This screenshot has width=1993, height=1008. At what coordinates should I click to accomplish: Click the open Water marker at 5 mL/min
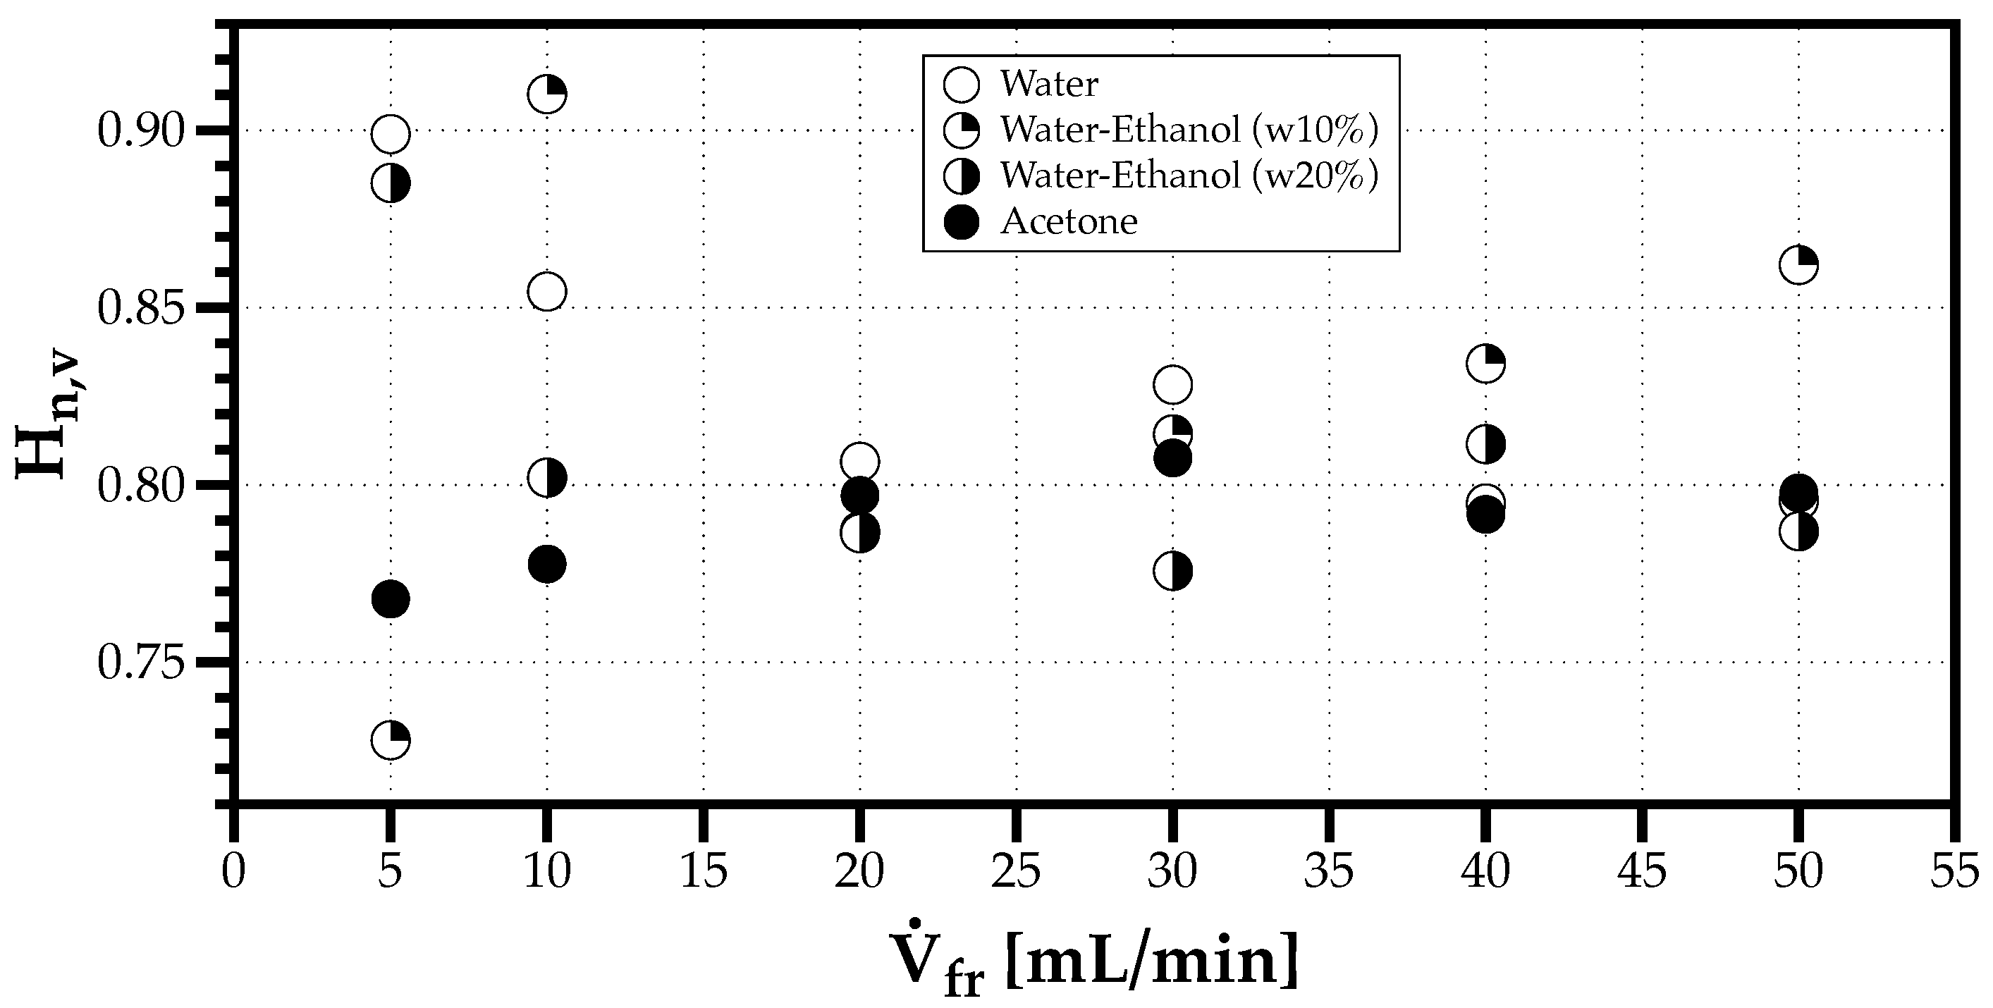point(390,135)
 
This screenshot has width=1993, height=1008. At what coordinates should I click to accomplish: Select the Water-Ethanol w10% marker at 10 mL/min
point(547,94)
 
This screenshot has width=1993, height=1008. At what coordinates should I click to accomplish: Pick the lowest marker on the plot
point(390,739)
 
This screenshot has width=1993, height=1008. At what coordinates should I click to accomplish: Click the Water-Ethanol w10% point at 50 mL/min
point(1798,265)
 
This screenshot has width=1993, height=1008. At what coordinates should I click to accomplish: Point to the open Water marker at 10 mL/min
point(547,292)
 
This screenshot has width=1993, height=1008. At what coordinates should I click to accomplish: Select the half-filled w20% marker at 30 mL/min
point(1172,571)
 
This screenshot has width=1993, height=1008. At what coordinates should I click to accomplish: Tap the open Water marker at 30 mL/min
point(1172,384)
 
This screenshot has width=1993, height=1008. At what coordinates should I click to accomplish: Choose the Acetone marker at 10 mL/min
point(547,564)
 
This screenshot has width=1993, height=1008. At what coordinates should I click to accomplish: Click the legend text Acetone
point(1069,222)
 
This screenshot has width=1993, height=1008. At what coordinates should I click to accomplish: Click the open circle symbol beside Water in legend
point(962,85)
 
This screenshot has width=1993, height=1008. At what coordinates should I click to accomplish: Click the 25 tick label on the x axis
point(1016,872)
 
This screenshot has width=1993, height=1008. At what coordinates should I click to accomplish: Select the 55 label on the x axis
point(1954,872)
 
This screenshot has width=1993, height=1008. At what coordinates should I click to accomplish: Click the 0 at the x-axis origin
point(233,872)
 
